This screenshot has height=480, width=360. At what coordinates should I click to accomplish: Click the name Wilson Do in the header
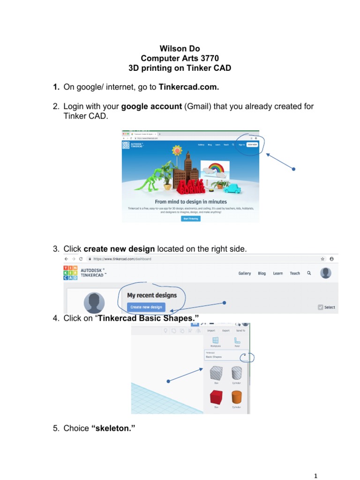180,48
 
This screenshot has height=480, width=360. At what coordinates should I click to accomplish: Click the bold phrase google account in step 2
151,106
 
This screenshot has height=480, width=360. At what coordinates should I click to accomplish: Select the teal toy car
233,188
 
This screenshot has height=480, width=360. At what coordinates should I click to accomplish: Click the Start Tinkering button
190,218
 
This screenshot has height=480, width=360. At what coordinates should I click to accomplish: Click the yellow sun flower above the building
177,151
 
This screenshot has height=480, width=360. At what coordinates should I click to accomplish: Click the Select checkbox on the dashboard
320,307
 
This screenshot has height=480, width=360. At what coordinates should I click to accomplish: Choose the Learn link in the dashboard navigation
278,273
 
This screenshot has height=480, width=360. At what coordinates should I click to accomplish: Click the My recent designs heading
152,295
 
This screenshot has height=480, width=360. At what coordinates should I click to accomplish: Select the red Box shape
216,397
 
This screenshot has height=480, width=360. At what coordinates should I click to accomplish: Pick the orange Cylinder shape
236,397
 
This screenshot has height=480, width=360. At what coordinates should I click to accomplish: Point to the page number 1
316,476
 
